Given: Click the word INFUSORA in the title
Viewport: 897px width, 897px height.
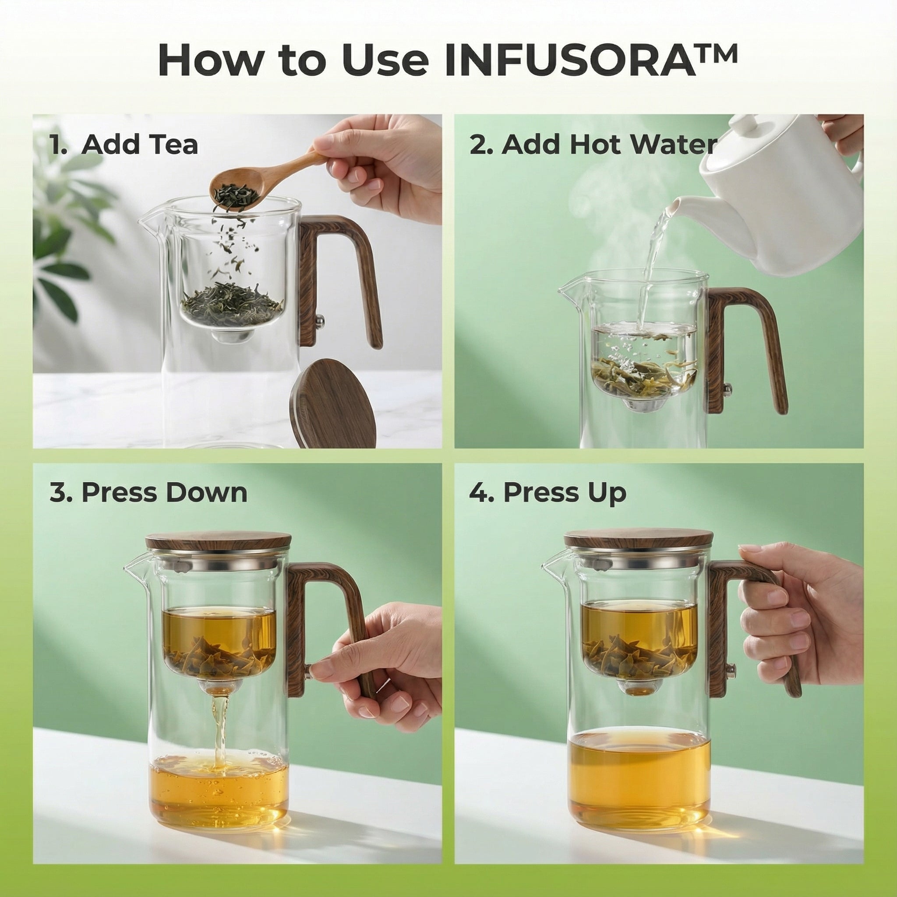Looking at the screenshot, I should tap(570, 61).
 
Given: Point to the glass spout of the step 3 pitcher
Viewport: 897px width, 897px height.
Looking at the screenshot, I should tap(134, 569).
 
